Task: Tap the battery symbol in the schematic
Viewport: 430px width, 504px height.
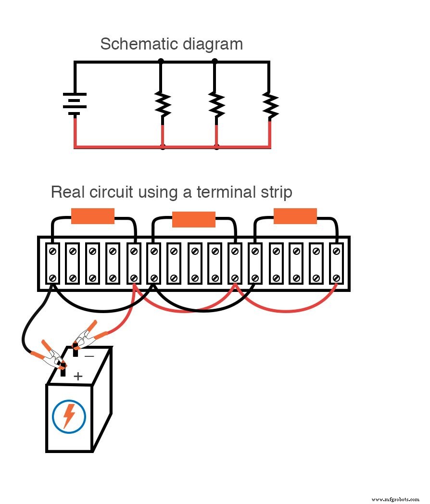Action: (75, 104)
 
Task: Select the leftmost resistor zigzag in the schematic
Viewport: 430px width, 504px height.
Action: (163, 105)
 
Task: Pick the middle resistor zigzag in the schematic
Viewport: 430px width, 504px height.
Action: (216, 105)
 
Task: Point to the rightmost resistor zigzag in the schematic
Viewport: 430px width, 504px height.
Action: (270, 105)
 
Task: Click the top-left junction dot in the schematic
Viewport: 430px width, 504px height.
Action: (161, 62)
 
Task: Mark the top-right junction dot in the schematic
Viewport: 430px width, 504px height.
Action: (215, 62)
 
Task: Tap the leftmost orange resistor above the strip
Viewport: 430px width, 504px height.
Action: (93, 216)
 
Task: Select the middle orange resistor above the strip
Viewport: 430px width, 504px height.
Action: (193, 219)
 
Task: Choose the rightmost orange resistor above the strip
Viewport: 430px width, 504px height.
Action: (295, 216)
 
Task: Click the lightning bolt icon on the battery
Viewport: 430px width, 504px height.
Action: (69, 416)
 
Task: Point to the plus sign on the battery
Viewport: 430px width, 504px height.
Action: (78, 376)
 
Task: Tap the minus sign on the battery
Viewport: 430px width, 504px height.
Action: (89, 356)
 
